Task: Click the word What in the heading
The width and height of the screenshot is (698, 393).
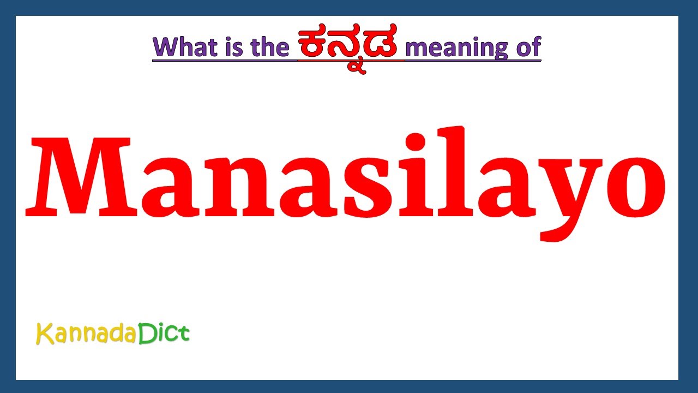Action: point(185,47)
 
